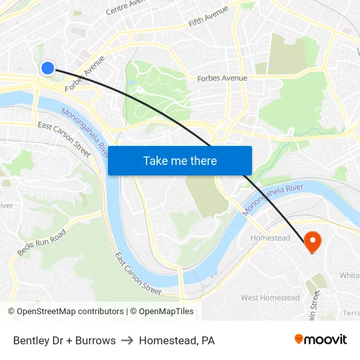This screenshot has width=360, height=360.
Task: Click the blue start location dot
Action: [47, 67]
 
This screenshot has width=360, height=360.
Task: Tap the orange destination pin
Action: [312, 242]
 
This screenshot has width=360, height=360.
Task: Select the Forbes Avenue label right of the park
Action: [223, 79]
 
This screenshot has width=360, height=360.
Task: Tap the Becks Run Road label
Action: [42, 243]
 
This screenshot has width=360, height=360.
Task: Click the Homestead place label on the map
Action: [270, 238]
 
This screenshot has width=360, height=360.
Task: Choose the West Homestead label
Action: [270, 298]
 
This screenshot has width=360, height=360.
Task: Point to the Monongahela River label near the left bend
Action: [84, 132]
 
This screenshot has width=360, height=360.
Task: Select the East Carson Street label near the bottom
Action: [137, 273]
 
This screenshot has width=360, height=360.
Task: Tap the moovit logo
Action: [321, 339]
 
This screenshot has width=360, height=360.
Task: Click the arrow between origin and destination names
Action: [127, 340]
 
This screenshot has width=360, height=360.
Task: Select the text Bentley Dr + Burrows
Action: [64, 340]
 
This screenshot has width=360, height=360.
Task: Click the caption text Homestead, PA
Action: [177, 340]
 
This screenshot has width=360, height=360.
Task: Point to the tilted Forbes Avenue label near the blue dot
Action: [85, 73]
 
